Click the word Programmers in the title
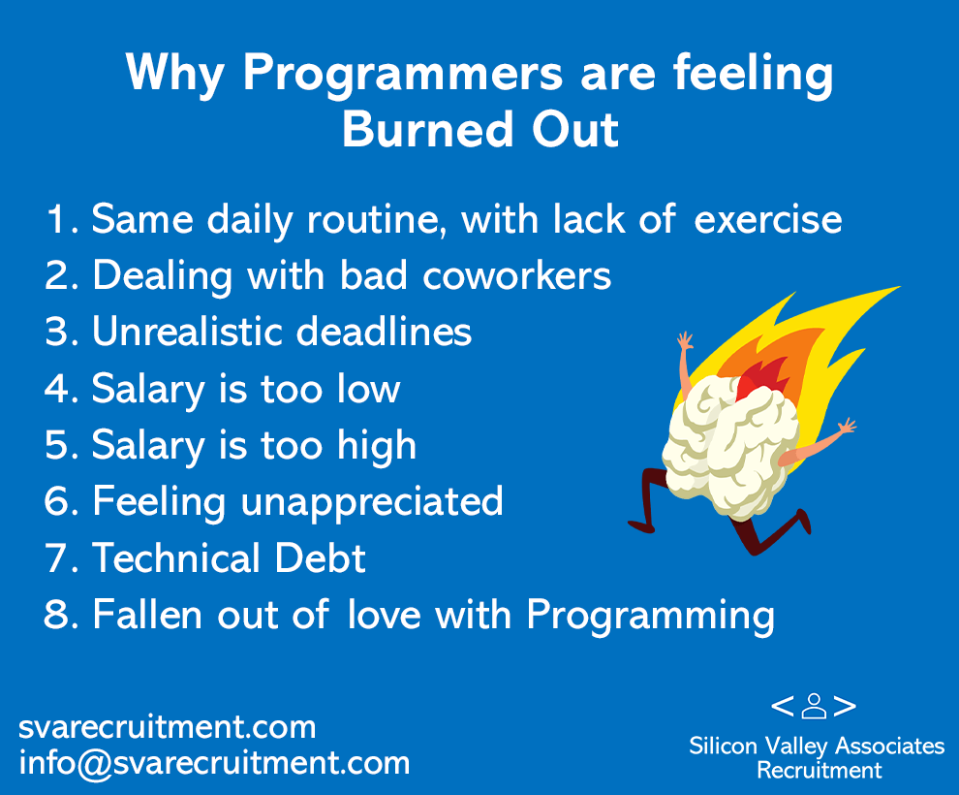[x=402, y=75]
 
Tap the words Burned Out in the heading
[x=480, y=129]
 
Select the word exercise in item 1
[x=767, y=219]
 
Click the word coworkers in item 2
[x=517, y=276]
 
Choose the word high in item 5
[x=377, y=445]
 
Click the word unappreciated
[x=372, y=503]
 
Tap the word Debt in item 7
[x=320, y=557]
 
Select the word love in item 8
[x=385, y=614]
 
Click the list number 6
[x=61, y=501]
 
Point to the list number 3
[x=61, y=332]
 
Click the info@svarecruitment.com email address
[x=214, y=763]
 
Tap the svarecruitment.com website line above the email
[x=167, y=727]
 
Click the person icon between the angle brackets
[x=814, y=706]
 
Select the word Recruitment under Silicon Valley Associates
[x=820, y=770]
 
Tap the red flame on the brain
[x=762, y=378]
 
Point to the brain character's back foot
[x=640, y=525]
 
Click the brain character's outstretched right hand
[x=847, y=427]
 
